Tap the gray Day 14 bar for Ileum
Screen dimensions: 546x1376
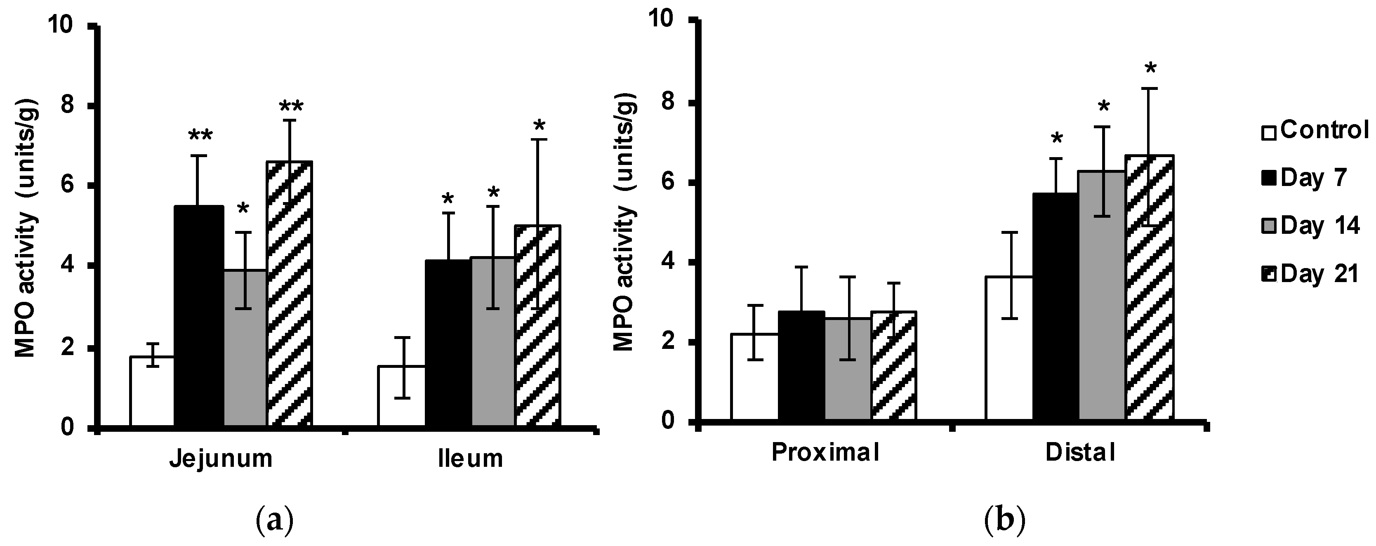coord(492,342)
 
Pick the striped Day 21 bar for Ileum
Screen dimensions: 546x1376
coord(537,326)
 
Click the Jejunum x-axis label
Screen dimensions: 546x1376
coord(221,459)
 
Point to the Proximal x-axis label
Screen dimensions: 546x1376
coord(825,453)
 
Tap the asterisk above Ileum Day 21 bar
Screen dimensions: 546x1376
coord(539,127)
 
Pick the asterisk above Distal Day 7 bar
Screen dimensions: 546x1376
coord(1056,140)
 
